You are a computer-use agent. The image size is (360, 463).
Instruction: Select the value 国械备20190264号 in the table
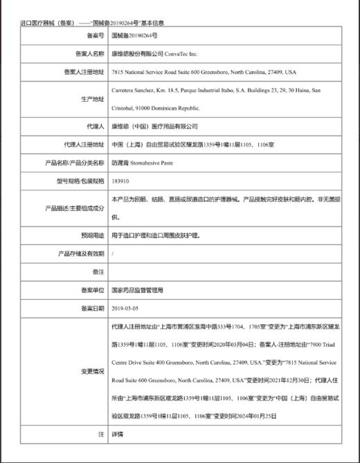click(134, 35)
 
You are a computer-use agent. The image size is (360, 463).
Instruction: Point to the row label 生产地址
click(93, 99)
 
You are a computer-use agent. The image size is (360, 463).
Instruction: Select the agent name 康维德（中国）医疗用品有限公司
click(154, 127)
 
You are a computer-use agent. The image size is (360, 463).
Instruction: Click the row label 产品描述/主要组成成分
click(75, 208)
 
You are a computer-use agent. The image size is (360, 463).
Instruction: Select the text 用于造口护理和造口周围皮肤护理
click(155, 236)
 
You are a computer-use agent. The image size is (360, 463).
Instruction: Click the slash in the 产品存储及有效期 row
click(112, 254)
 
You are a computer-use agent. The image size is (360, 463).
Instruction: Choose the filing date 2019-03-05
click(125, 308)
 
